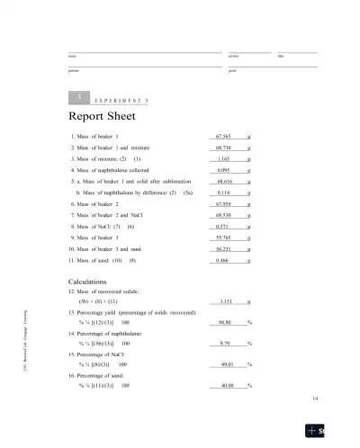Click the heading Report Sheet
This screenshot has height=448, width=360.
click(102, 117)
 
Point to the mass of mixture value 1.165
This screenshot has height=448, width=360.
click(225, 157)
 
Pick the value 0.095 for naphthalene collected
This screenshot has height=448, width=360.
click(225, 169)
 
